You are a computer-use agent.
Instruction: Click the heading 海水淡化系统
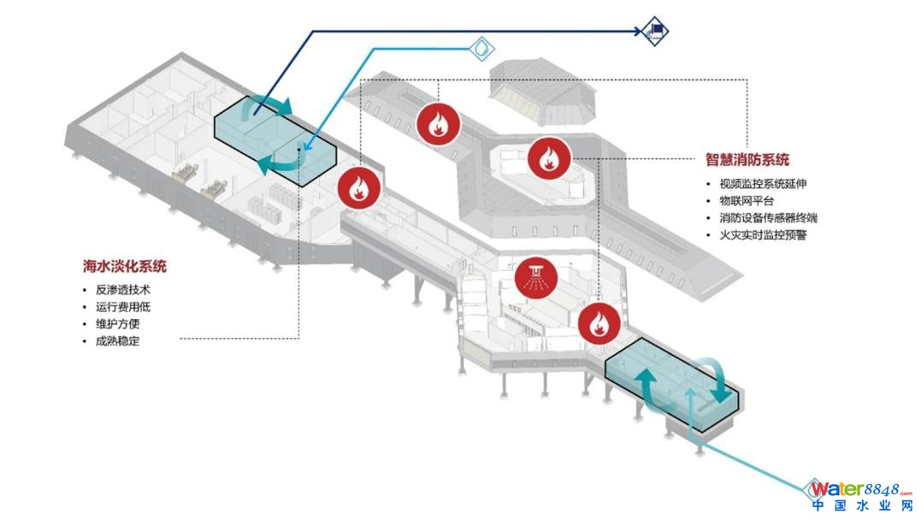click(x=125, y=267)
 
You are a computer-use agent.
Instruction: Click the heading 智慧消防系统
click(x=747, y=160)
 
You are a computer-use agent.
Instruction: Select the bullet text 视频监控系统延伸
click(x=760, y=184)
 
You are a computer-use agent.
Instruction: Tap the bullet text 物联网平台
click(x=745, y=201)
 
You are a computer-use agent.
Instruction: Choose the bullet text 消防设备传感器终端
click(x=768, y=218)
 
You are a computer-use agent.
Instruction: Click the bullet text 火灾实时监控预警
click(x=761, y=235)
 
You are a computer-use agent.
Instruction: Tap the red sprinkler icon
click(x=535, y=276)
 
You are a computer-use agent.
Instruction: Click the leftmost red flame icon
click(x=357, y=189)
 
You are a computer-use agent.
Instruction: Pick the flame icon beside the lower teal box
click(x=598, y=324)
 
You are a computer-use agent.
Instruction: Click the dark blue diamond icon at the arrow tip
click(x=655, y=32)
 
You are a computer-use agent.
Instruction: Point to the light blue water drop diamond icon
click(x=484, y=48)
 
